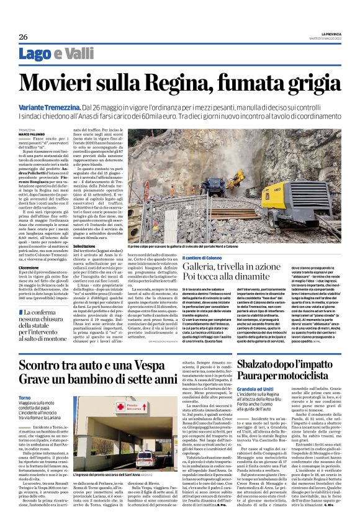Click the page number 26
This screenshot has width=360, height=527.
[x=23, y=36]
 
